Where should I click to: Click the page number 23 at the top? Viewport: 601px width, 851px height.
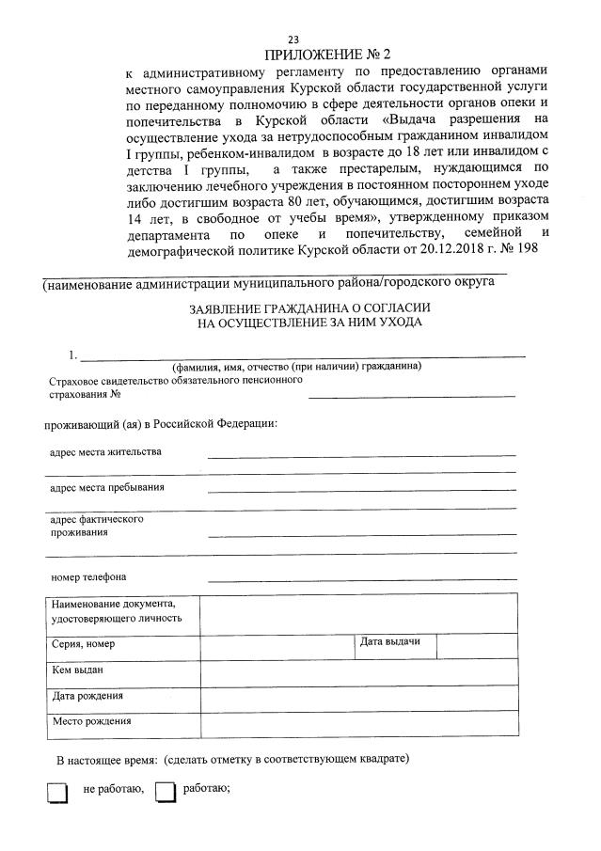click(293, 39)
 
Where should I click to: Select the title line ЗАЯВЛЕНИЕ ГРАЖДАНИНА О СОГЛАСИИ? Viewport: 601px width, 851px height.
click(296, 307)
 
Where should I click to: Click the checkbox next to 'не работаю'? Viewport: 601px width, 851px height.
click(58, 793)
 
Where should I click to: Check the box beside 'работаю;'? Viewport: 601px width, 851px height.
click(166, 793)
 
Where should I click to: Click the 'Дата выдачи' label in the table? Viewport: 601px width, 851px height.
click(390, 642)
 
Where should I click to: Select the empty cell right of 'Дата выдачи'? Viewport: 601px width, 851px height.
click(476, 645)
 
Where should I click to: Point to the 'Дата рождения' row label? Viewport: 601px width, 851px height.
click(87, 697)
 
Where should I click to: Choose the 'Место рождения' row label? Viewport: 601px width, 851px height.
click(91, 722)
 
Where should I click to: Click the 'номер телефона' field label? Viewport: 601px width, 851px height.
click(87, 576)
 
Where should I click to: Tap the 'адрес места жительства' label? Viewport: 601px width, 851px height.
click(105, 451)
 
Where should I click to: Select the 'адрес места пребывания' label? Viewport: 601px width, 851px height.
click(107, 487)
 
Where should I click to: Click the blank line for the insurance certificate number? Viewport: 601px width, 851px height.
click(412, 395)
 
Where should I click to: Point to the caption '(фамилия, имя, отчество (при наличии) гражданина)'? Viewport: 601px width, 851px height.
click(295, 366)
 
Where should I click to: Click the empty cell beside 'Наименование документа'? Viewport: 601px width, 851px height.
click(357, 614)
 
